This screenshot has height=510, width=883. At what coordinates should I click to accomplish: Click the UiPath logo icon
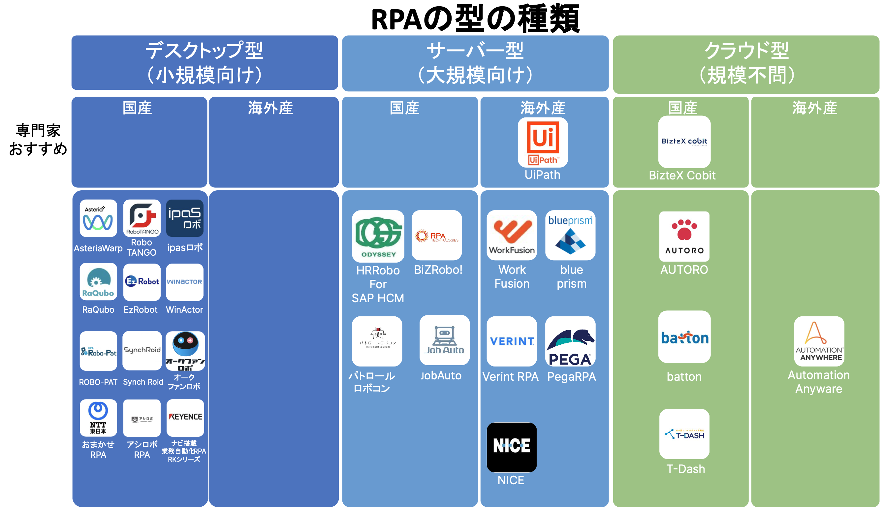pos(542,143)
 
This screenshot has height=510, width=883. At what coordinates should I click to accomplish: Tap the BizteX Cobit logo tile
pos(684,142)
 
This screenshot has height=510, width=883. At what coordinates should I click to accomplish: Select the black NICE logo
pos(511,447)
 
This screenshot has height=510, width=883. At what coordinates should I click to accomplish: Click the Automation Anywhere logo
pos(819,341)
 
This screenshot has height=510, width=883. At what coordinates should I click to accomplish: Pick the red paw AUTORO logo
pos(684,236)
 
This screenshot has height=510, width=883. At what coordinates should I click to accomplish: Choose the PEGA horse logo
pos(570,341)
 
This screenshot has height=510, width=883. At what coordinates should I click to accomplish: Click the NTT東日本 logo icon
pos(98,418)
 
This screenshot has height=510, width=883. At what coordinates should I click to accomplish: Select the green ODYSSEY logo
pos(378,236)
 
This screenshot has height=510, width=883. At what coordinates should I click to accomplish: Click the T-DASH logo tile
pos(684,434)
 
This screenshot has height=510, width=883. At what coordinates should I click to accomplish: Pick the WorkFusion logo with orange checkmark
pos(511,235)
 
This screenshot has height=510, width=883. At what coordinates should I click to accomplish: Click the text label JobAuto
pos(440,375)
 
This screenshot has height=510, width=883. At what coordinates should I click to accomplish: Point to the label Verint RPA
pos(510,376)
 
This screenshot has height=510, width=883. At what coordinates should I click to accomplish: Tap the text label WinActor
pos(184,310)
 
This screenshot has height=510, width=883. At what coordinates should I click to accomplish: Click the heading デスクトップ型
pos(204,51)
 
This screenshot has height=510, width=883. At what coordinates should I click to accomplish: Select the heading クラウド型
pos(746,51)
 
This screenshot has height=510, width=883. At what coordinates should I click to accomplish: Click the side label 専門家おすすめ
pos(38,140)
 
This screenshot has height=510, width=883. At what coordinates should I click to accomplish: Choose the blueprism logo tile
pos(570,235)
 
